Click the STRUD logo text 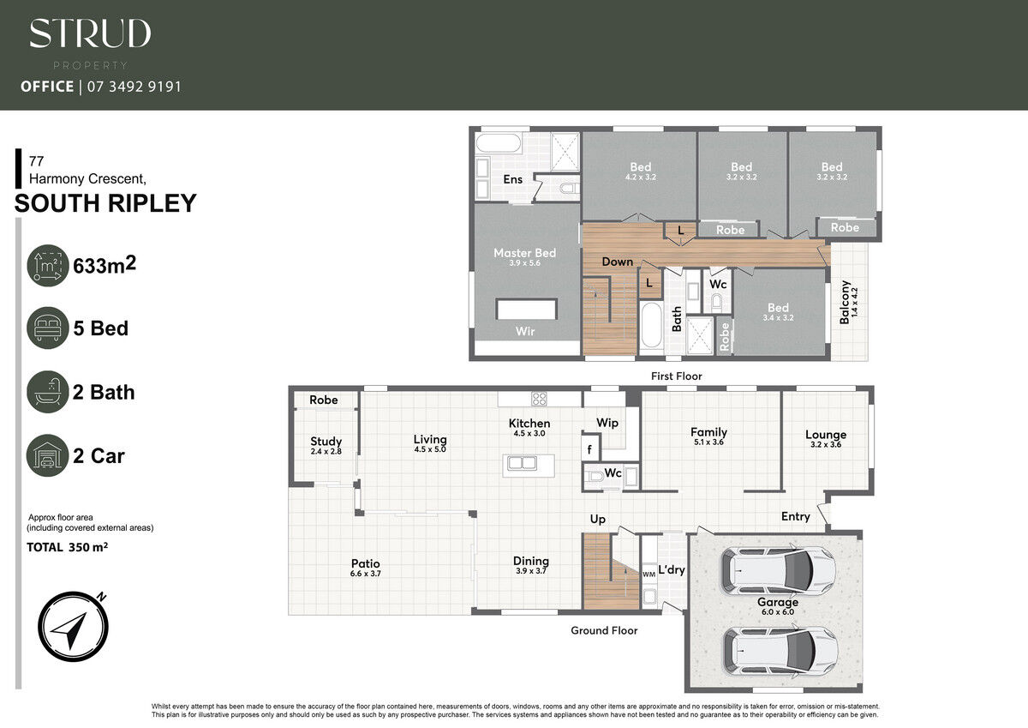pos(91,33)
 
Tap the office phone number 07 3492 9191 pos(134,87)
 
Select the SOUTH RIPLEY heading pos(105,203)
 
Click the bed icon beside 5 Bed pos(48,328)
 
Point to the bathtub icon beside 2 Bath pos(48,392)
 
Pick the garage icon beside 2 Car pos(48,455)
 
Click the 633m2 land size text pos(105,265)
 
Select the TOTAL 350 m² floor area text pos(68,547)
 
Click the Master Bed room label pos(524,253)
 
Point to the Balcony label pos(845,302)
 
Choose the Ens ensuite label pos(512,179)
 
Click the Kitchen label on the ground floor pos(529,423)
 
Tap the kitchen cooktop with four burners pos(539,399)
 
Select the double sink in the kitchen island pos(522,462)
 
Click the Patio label pos(365,563)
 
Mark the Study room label pos(326,442)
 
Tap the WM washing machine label pos(649,575)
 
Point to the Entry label pos(795,517)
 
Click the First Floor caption pos(677,376)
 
